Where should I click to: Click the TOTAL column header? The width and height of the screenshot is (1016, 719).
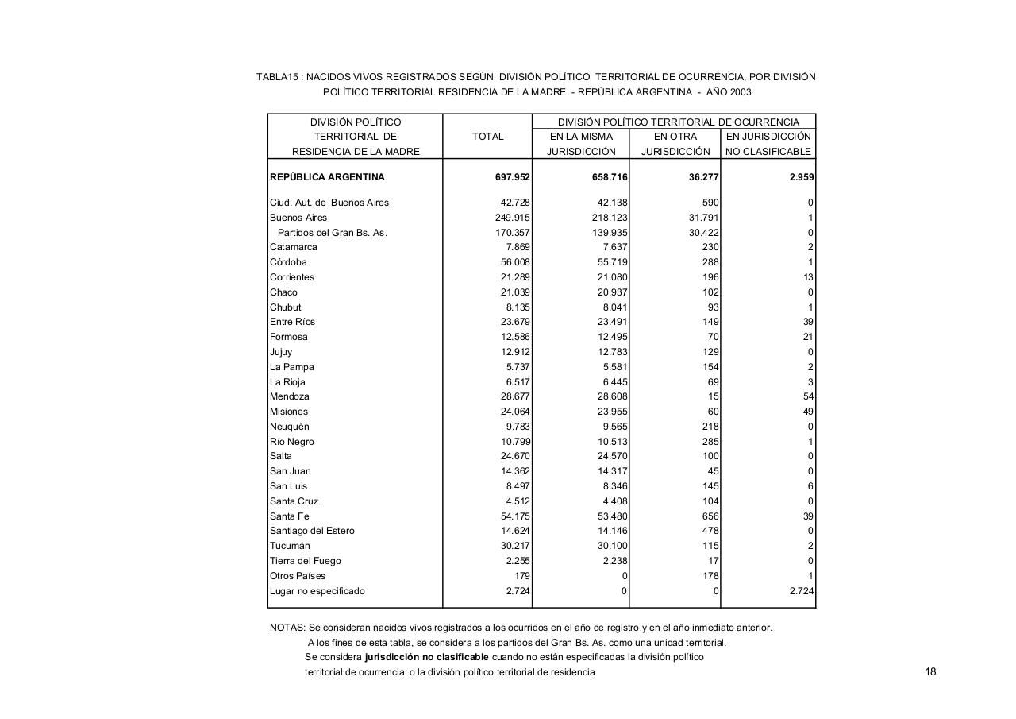point(487,137)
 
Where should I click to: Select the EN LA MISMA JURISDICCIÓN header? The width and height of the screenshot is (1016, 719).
point(581,144)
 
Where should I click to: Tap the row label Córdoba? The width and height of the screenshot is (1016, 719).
point(288,262)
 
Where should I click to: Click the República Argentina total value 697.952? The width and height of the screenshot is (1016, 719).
point(513,177)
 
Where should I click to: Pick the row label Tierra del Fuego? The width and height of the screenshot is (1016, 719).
point(305,561)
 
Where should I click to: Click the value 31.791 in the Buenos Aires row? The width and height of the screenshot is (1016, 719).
point(702,218)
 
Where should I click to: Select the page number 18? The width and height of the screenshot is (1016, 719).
point(930,672)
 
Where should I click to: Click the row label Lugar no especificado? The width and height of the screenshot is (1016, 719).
point(317,591)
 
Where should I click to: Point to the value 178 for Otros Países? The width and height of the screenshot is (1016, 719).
point(710,576)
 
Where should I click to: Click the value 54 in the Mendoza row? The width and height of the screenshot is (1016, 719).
point(808,396)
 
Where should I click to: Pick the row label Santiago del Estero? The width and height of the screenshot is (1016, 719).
point(312,531)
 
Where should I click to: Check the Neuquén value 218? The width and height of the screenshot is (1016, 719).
point(710,427)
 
